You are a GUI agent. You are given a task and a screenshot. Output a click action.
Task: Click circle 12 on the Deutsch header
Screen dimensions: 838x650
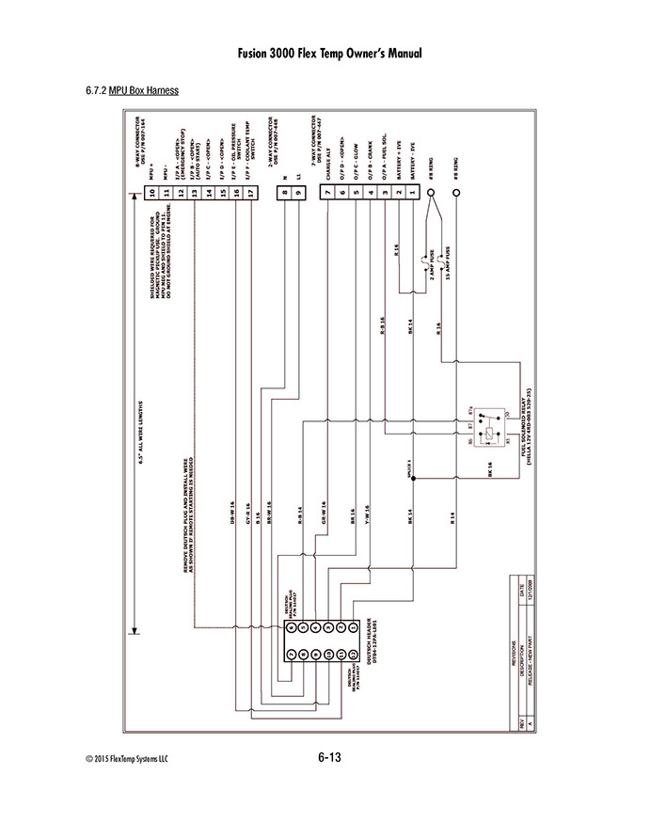[350, 654]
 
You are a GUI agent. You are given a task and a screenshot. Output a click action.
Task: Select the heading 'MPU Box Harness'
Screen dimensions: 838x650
[143, 91]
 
